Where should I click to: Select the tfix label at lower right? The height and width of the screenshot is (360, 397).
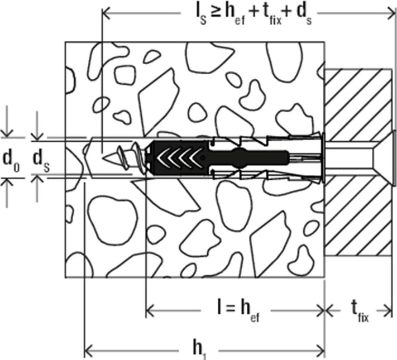(360, 311)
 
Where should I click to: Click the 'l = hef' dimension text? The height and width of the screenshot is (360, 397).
(238, 310)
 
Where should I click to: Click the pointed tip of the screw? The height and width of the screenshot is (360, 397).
(103, 158)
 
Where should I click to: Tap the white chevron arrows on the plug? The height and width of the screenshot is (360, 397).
(180, 158)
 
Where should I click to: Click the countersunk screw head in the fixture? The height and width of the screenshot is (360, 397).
(384, 158)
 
